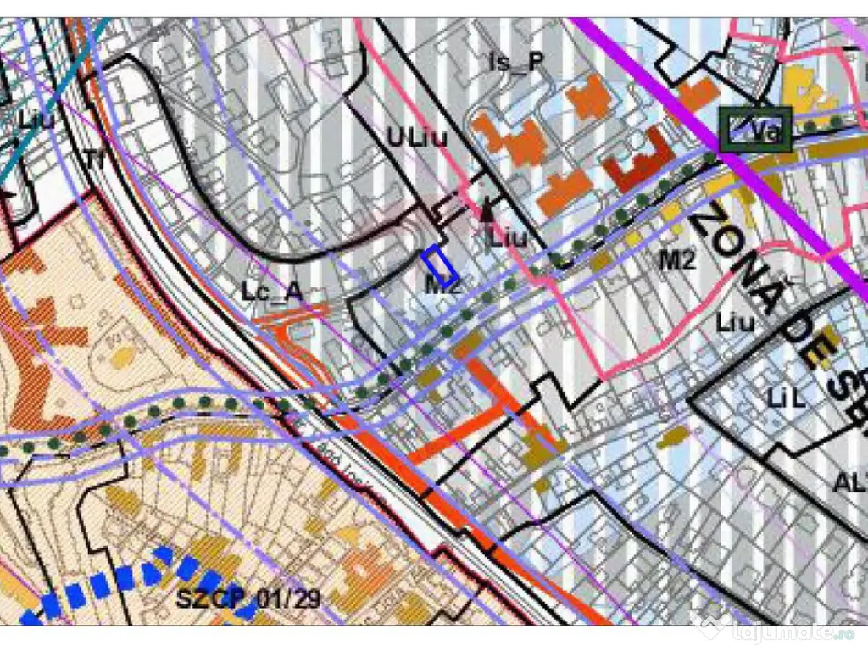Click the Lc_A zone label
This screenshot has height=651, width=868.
271,292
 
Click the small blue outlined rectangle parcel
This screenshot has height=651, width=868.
440,264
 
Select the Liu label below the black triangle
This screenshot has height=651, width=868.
508,237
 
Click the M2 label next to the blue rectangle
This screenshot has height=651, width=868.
442,287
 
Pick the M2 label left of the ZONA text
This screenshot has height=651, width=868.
677,259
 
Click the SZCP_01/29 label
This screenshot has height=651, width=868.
248,599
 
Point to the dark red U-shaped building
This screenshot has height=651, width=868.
637,164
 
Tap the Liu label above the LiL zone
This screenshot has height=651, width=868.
734,322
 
